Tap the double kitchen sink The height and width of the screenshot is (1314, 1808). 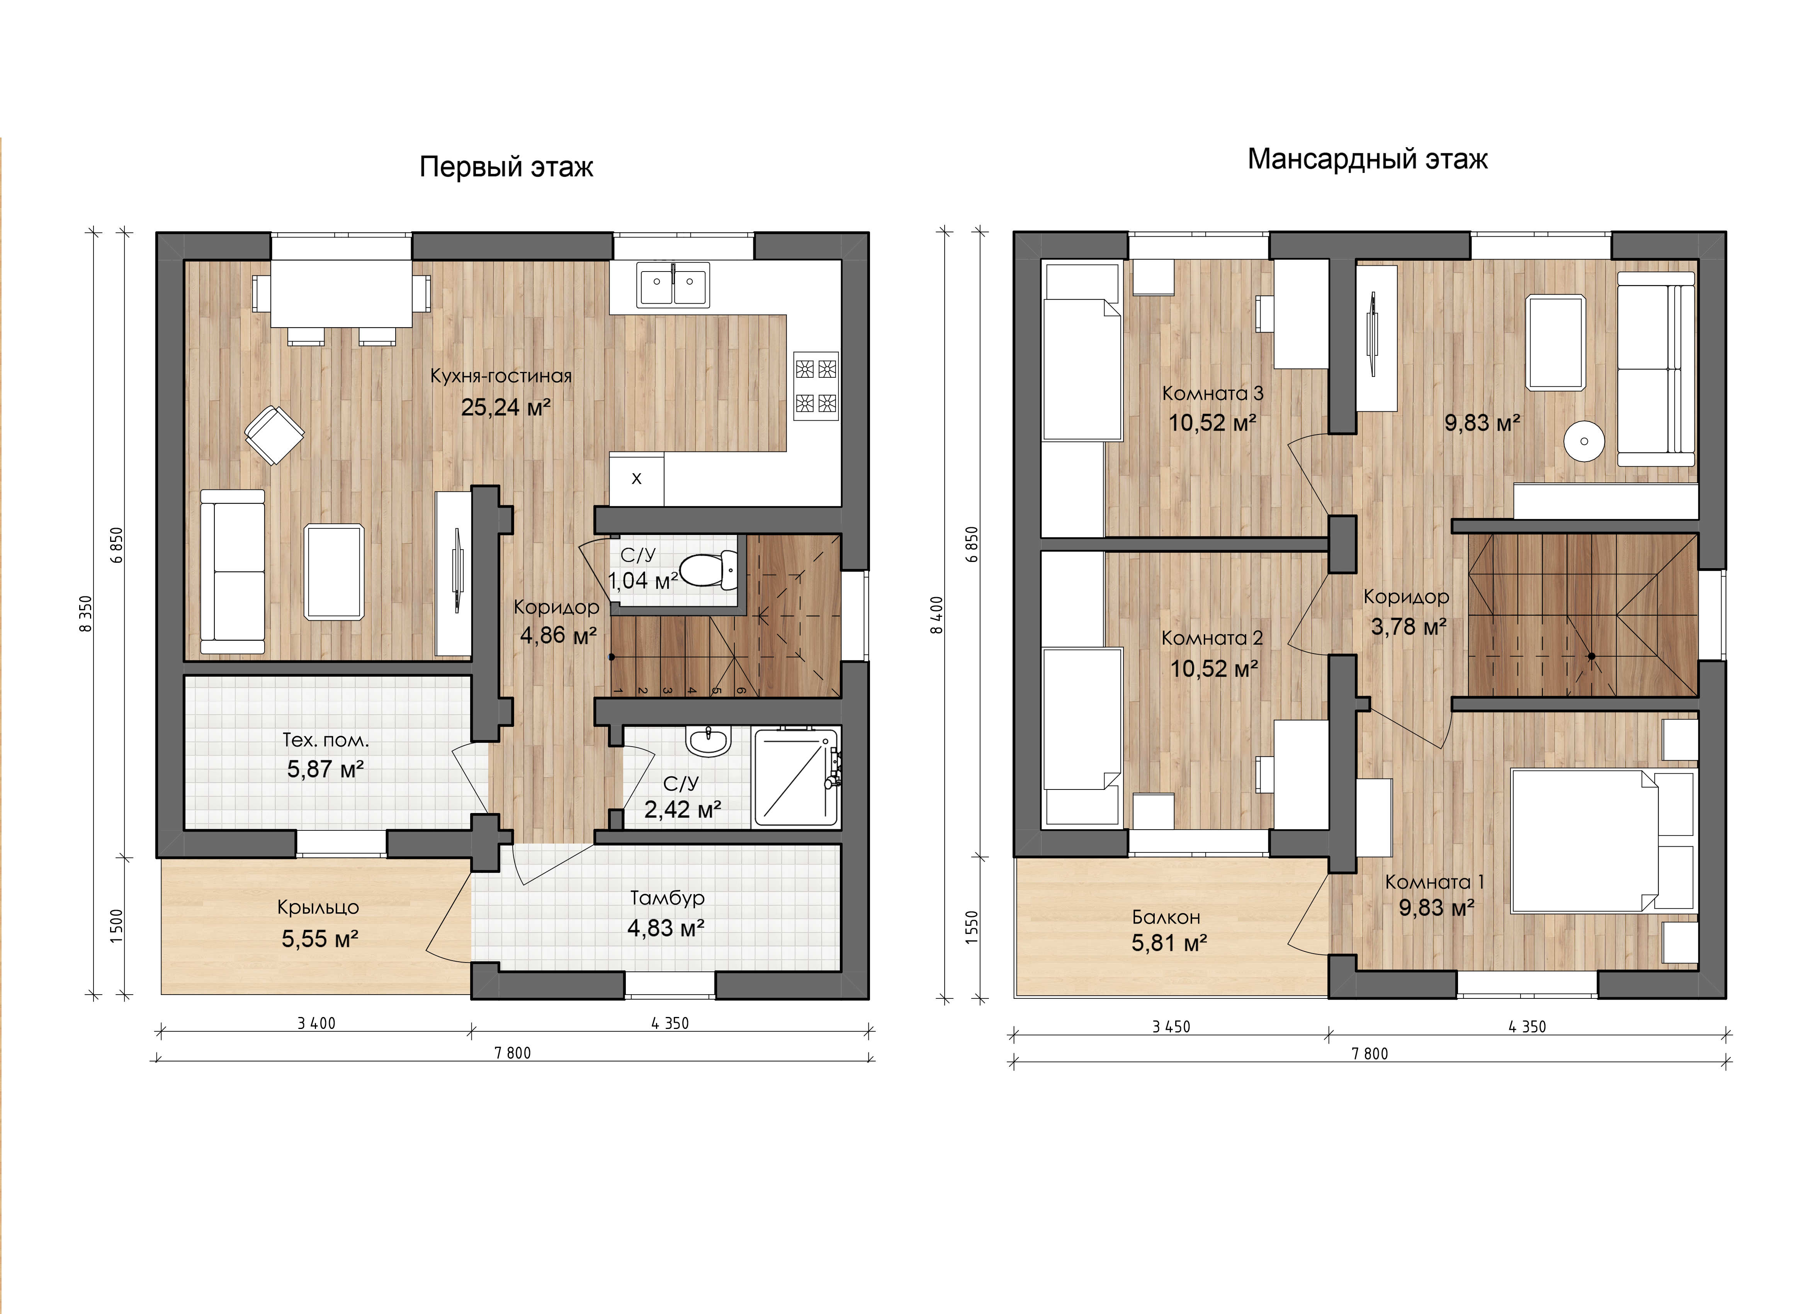click(x=673, y=285)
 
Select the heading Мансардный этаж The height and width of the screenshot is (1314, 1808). click(x=1367, y=160)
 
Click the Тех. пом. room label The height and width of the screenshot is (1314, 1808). click(x=325, y=740)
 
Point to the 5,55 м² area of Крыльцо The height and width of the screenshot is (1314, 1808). click(x=319, y=939)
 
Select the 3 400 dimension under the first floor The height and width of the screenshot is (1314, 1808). click(x=316, y=1023)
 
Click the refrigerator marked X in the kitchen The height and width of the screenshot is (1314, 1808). click(x=636, y=480)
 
